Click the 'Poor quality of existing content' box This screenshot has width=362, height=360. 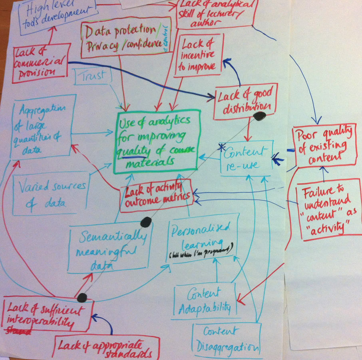tap(324, 146)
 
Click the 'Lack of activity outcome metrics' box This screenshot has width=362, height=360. tap(156, 195)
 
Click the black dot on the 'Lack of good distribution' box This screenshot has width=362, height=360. tap(260, 116)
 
